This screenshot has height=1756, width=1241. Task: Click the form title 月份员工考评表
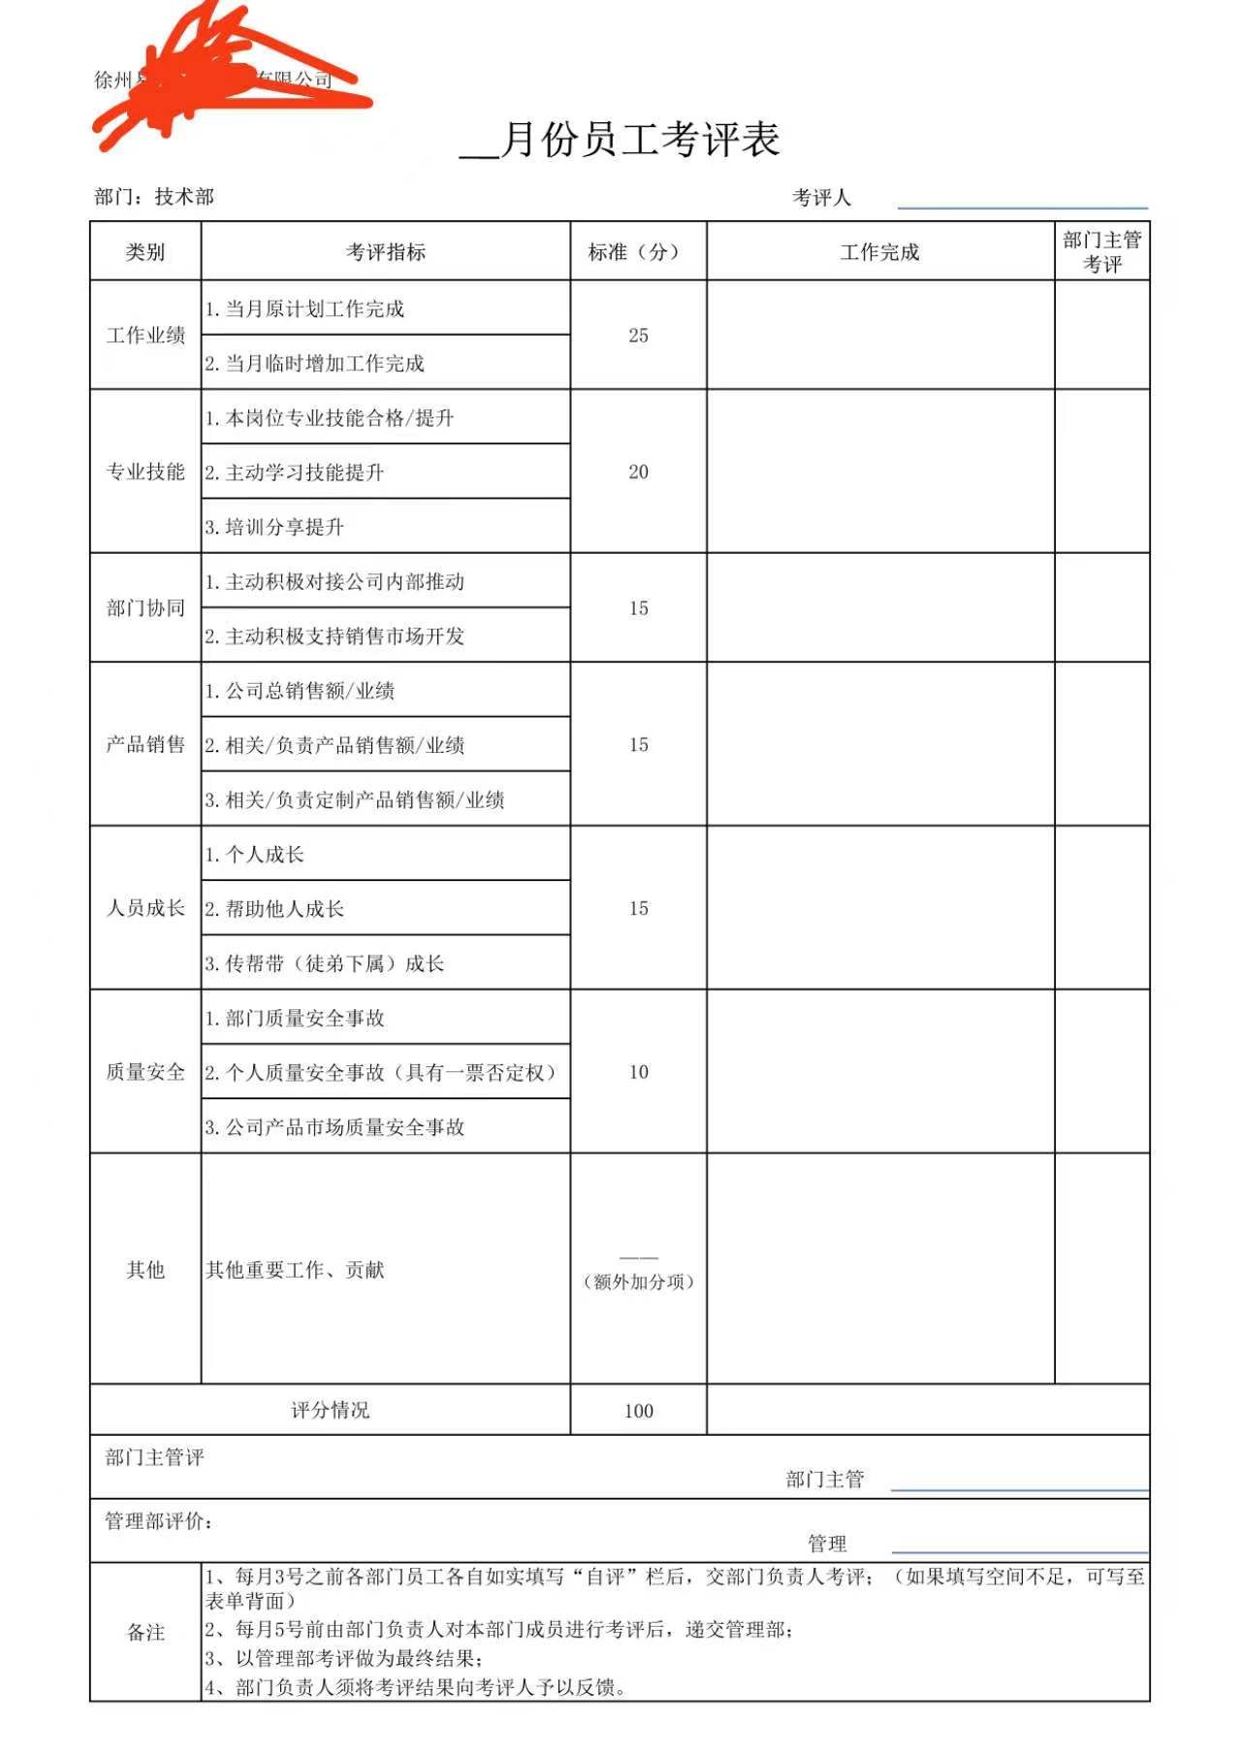tap(640, 141)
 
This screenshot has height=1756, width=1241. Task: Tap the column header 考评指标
tap(386, 252)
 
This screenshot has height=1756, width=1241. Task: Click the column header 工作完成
tap(879, 252)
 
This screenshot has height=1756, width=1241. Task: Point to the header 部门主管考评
tap(1101, 252)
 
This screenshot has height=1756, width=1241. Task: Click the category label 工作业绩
tap(145, 336)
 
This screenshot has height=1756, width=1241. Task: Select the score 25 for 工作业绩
tap(638, 336)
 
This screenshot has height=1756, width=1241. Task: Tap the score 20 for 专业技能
tap(638, 472)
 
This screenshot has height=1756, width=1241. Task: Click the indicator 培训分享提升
tap(274, 528)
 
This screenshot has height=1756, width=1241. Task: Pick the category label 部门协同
tap(145, 608)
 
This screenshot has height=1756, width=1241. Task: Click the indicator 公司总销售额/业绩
tap(300, 692)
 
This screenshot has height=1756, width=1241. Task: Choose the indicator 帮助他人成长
tap(274, 910)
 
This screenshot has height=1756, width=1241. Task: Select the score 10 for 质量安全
tap(638, 1073)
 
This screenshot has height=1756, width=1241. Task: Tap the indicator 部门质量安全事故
tap(295, 1019)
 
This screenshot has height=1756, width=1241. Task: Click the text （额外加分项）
tap(638, 1283)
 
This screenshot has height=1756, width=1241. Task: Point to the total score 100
tap(638, 1412)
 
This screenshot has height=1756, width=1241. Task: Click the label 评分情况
tap(330, 1411)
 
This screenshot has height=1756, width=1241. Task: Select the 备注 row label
tap(145, 1633)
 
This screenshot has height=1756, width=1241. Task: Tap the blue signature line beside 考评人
tap(1022, 208)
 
